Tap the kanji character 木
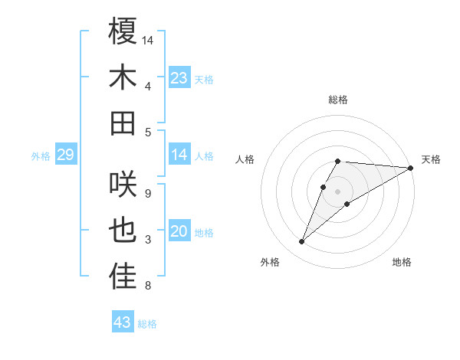pyautogui.click(x=123, y=78)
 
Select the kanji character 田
pyautogui.click(x=123, y=123)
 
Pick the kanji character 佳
pyautogui.click(x=123, y=277)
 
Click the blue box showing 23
pyautogui.click(x=179, y=78)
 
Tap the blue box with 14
pyautogui.click(x=179, y=155)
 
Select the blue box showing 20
pyautogui.click(x=179, y=232)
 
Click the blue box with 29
pyautogui.click(x=65, y=155)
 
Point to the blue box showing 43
pyautogui.click(x=123, y=322)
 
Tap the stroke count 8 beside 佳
pyautogui.click(x=147, y=286)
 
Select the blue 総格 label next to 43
pyautogui.click(x=147, y=324)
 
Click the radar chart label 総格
pyautogui.click(x=337, y=100)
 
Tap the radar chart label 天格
pyautogui.click(x=431, y=159)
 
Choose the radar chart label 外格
pyautogui.click(x=269, y=263)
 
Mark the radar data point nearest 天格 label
pyautogui.click(x=410, y=168)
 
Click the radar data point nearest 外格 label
pyautogui.click(x=301, y=242)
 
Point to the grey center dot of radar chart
pyautogui.click(x=337, y=191)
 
